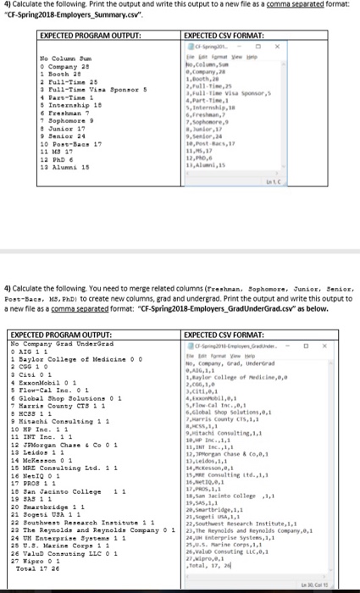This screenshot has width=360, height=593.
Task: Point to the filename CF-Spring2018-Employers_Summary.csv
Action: [x=59, y=15]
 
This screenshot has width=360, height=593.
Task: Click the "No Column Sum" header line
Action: [x=66, y=56]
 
